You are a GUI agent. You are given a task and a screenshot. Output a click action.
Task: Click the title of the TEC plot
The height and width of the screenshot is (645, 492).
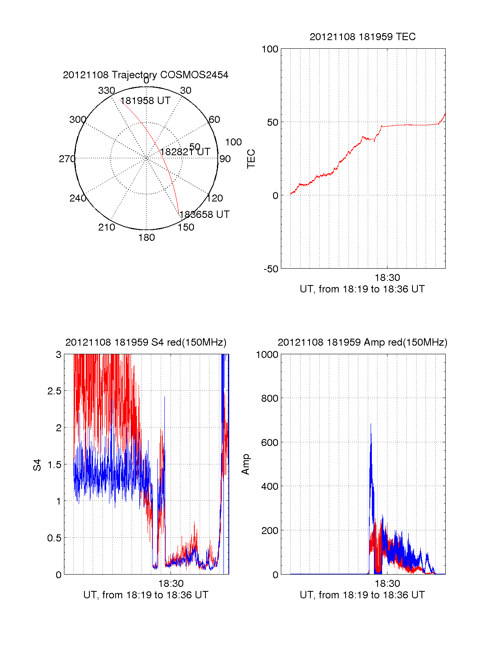tap(362, 37)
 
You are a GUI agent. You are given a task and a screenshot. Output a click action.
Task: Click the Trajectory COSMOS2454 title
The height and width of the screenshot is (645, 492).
tap(146, 75)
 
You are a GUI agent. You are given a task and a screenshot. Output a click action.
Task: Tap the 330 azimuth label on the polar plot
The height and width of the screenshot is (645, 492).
tap(106, 91)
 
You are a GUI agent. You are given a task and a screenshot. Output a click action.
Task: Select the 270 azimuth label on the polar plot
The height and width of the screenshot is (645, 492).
tap(67, 159)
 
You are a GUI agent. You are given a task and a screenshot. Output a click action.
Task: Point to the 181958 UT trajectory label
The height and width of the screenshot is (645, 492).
tap(145, 101)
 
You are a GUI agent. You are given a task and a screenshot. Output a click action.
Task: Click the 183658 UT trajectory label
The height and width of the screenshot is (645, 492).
tap(204, 215)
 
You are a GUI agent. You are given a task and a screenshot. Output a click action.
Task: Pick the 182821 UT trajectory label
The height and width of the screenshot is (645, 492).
tap(185, 152)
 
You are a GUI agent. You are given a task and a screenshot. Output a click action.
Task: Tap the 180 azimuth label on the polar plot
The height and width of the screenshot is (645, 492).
tap(146, 238)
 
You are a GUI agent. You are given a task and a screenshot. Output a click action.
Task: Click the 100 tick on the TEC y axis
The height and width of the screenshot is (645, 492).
tap(270, 50)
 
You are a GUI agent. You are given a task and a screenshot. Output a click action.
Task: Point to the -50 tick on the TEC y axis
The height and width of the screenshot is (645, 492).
tap(271, 269)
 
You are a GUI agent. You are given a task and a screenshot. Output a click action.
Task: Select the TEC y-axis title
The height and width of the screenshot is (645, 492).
tap(251, 159)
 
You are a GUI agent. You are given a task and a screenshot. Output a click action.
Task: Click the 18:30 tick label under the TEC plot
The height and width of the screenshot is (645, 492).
tap(387, 278)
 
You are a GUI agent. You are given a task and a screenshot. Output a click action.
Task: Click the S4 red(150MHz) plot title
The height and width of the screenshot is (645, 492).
tap(146, 342)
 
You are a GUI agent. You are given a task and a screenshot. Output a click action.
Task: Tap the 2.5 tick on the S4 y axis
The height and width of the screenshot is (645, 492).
tap(54, 391)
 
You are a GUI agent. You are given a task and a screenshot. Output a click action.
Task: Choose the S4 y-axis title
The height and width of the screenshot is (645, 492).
tap(37, 465)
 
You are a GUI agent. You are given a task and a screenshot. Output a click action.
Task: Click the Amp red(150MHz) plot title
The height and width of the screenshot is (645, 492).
tap(362, 342)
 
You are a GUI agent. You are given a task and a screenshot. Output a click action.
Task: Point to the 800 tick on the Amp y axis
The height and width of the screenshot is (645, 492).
tap(269, 398)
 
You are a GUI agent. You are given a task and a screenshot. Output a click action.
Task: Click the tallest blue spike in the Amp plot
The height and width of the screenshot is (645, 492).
tap(371, 426)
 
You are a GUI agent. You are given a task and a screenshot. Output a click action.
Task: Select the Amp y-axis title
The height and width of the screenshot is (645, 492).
tap(245, 464)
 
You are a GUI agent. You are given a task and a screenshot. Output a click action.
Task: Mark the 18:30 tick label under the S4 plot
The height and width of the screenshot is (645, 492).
tap(171, 584)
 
